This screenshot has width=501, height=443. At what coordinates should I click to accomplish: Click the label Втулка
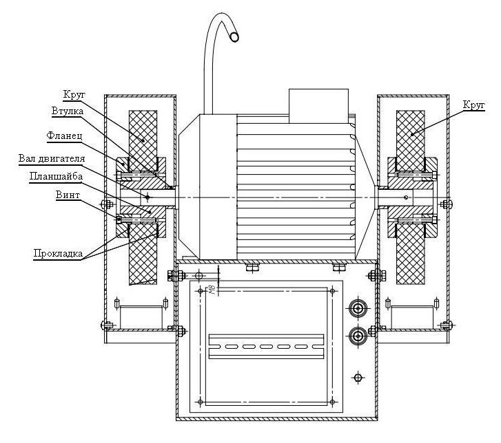pos(68,111)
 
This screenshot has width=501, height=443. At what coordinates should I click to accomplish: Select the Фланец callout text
pos(65,136)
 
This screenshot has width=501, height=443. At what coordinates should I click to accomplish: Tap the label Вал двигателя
pos(52,158)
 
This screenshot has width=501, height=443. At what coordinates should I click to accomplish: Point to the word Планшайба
pos(57,176)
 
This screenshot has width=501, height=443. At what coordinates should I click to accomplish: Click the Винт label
pos(68,195)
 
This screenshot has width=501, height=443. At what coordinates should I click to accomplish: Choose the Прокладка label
pos(58,254)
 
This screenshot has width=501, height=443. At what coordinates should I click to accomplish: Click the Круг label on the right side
pos(474,105)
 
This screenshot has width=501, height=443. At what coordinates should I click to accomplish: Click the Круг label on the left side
pos(74,95)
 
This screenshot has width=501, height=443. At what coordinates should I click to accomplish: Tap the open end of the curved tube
pos(234,37)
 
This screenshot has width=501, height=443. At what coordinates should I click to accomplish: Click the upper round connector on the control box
pos(358,309)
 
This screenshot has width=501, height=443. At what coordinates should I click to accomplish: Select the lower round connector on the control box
pos(358,336)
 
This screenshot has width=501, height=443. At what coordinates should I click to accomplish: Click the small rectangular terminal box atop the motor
pos(318,106)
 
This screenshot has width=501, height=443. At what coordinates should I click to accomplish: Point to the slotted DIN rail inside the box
pos(266,347)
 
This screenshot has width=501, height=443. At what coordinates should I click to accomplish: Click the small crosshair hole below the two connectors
pos(358,378)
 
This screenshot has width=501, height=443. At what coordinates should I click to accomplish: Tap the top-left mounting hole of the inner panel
pos(201,291)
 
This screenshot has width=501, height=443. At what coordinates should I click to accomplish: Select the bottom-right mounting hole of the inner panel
pos(332,402)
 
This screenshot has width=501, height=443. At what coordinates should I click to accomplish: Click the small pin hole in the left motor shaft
pos(147,197)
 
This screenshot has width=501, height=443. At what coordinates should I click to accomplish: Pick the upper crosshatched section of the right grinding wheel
pos(411,140)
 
